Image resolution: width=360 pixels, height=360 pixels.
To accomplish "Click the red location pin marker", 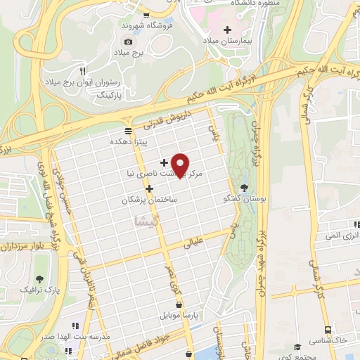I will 181,165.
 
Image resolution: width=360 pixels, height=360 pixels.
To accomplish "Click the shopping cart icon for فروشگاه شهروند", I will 146,16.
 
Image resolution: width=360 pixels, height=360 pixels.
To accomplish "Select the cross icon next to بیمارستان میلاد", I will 226,30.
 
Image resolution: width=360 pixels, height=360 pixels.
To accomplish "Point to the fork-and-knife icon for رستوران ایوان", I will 82,70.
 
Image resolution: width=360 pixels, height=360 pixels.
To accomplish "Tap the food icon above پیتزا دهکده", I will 127,131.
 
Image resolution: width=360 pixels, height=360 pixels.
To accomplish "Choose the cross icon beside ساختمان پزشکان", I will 149,188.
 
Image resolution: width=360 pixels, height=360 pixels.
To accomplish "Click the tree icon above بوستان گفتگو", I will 244,187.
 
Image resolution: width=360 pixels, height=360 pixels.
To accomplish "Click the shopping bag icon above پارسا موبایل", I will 180,305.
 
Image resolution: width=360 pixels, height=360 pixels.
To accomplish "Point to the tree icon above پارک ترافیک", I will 39,278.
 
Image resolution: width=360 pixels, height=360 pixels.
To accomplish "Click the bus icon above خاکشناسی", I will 328,329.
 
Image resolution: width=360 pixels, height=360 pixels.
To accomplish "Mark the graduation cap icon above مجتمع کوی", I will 297,347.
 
